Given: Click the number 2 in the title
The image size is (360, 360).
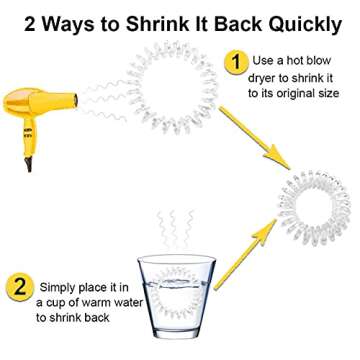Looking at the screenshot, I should coord(27,19).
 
